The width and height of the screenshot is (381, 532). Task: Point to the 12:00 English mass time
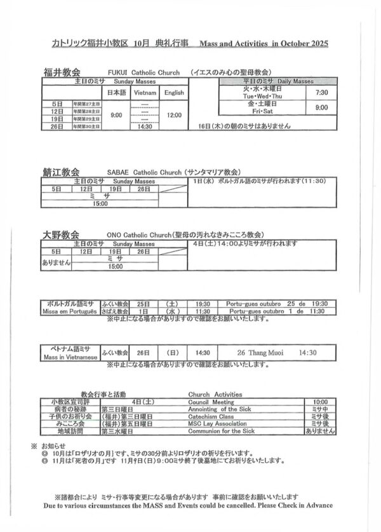[x=174, y=115]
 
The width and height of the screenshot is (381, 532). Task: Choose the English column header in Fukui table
[x=174, y=93]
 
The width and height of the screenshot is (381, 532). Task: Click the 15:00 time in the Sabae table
[x=100, y=203]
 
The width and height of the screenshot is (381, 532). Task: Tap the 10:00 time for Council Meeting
[x=319, y=402]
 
